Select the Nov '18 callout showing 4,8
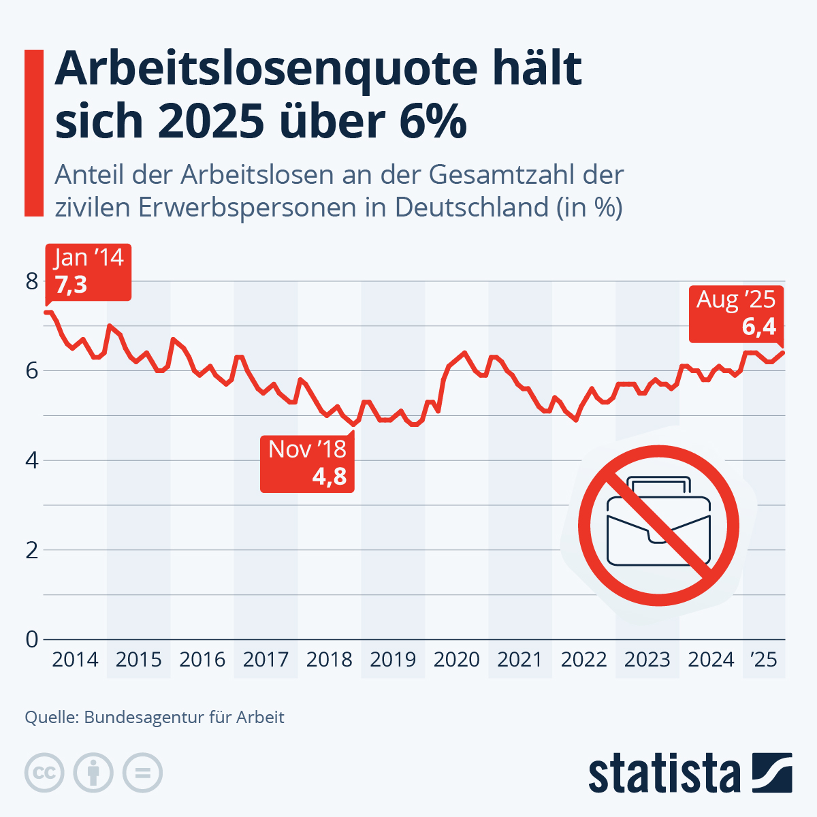tap(307, 463)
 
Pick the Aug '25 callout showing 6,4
tap(735, 313)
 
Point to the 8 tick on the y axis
tap(32, 281)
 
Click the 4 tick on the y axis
tap(32, 460)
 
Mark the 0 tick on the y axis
tap(32, 639)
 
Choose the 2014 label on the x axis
tap(75, 660)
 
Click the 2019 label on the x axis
tap(393, 660)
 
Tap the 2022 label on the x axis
tap(583, 660)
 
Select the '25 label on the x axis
tap(763, 660)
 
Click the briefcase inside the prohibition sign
tap(658, 524)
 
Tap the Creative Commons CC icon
tap(44, 773)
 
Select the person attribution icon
tap(93, 773)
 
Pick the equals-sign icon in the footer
tap(142, 773)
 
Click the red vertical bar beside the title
tap(33, 133)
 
